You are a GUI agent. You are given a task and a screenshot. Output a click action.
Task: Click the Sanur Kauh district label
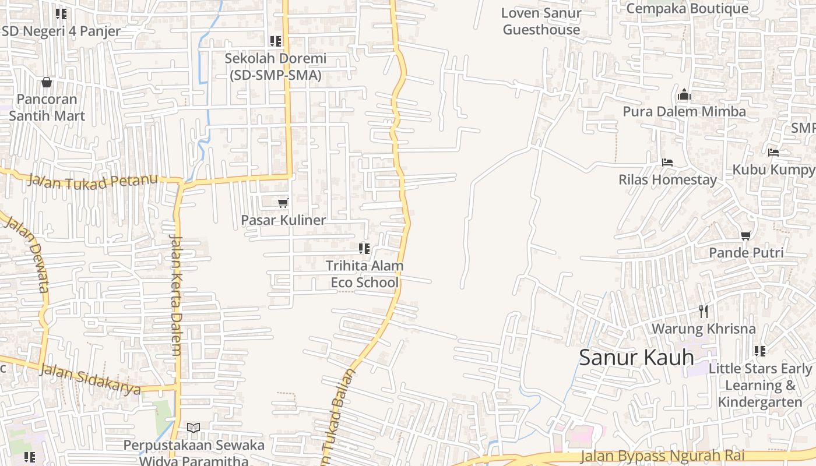pyautogui.click(x=636, y=357)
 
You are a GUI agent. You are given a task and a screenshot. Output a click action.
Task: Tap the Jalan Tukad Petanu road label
pyautogui.click(x=93, y=181)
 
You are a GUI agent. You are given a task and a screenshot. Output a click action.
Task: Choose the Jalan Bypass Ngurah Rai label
pyautogui.click(x=671, y=457)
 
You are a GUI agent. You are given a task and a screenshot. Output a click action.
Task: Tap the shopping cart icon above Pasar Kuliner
pyautogui.click(x=283, y=203)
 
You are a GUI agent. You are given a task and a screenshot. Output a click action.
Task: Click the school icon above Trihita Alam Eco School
pyautogui.click(x=364, y=249)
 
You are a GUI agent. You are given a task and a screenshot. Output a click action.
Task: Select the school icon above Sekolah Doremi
pyautogui.click(x=276, y=41)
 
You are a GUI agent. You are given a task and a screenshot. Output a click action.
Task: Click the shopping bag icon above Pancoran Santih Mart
pyautogui.click(x=47, y=82)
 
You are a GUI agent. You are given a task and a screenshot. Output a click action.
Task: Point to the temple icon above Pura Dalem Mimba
pyautogui.click(x=684, y=94)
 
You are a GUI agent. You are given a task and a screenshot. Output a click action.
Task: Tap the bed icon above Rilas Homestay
pyautogui.click(x=667, y=162)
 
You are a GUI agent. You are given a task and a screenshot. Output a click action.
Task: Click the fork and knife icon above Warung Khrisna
pyautogui.click(x=704, y=312)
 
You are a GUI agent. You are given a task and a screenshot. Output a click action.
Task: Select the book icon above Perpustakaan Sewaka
pyautogui.click(x=194, y=428)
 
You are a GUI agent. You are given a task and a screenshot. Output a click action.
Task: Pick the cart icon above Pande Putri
pyautogui.click(x=745, y=235)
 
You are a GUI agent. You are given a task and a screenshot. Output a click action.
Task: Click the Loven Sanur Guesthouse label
pyautogui.click(x=541, y=22)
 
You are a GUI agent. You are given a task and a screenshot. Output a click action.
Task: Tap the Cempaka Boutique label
pyautogui.click(x=687, y=9)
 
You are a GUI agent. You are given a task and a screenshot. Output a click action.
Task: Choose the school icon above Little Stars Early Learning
pyautogui.click(x=760, y=351)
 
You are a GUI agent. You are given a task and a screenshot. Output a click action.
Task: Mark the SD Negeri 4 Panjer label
pyautogui.click(x=61, y=31)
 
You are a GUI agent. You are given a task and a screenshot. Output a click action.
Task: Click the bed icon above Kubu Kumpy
pyautogui.click(x=773, y=153)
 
